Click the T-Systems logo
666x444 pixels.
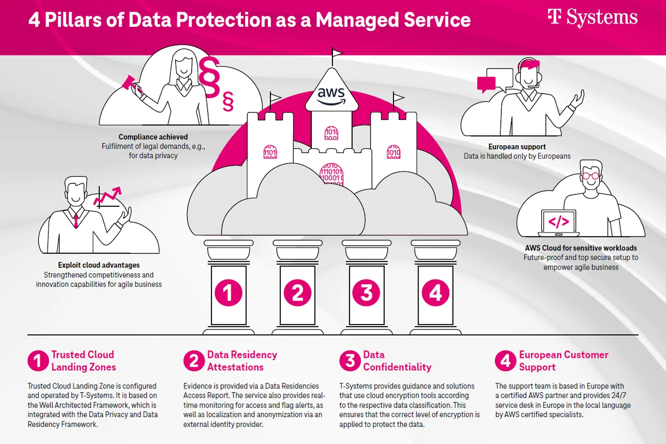pos(592,18)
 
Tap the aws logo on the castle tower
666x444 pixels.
pos(331,95)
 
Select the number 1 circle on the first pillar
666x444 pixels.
pos(228,293)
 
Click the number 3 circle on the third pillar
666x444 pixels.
pos(366,293)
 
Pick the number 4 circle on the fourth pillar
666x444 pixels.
pos(435,293)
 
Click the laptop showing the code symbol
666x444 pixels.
pos(559,222)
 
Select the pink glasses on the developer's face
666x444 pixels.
pos(591,176)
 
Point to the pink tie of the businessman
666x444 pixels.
pos(76,220)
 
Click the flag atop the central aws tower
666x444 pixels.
pos(337,54)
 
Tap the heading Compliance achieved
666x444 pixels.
pos(153,137)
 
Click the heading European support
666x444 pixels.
pos(517,147)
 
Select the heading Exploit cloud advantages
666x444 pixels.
pos(99,265)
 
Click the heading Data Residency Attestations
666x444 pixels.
pos(241,361)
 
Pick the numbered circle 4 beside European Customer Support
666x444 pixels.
pos(506,361)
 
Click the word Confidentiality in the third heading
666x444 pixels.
pos(397,367)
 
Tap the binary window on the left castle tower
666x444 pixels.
pos(270,152)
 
